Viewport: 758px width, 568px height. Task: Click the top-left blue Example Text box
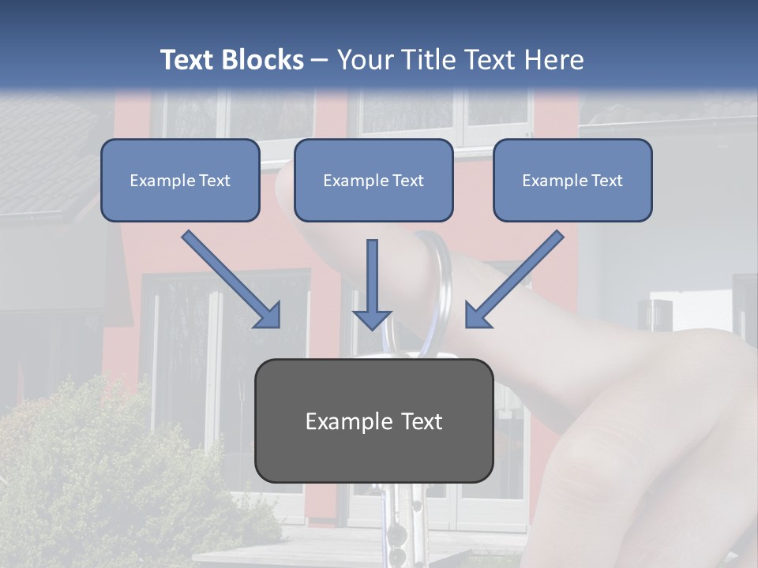click(x=180, y=180)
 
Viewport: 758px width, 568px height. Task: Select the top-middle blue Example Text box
click(x=373, y=180)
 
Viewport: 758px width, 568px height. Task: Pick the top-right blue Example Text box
click(x=572, y=180)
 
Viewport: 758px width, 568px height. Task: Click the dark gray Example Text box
click(x=373, y=420)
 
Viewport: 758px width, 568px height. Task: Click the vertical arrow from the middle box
click(x=372, y=276)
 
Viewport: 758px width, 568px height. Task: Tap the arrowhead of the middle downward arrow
click(x=372, y=319)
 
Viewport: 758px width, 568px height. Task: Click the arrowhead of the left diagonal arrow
click(x=268, y=316)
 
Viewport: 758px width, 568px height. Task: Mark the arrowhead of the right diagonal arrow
click(x=477, y=316)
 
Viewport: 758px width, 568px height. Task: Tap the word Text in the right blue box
click(x=606, y=181)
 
